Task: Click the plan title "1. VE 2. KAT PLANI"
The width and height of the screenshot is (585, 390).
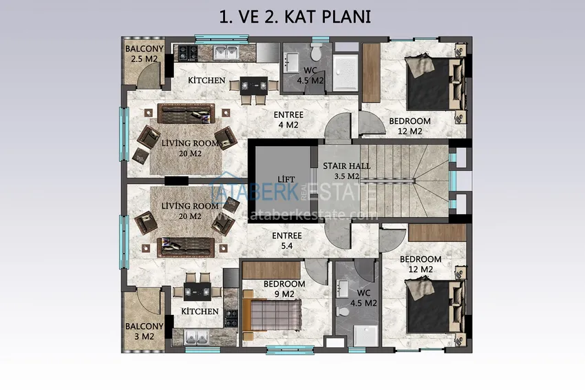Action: [295, 17]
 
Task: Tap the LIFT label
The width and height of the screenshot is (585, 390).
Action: [286, 180]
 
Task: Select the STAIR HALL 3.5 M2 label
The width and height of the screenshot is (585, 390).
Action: [347, 171]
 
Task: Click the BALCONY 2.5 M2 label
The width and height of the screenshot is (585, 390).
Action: [145, 54]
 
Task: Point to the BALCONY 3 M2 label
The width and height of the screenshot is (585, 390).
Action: [145, 331]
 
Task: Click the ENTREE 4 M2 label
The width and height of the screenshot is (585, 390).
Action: [288, 119]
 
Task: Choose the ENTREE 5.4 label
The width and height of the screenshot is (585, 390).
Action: [287, 240]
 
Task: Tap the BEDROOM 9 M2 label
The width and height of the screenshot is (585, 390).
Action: [284, 289]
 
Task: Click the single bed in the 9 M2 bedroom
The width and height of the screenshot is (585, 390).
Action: [272, 316]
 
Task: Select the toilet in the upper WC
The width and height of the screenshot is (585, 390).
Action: [316, 52]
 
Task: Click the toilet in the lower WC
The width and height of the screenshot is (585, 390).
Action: [342, 311]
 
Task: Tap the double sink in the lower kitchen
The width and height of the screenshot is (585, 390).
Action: [196, 338]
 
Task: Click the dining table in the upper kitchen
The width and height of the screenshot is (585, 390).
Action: [254, 86]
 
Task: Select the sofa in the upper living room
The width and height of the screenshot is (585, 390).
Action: [187, 114]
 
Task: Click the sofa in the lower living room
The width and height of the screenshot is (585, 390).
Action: [186, 247]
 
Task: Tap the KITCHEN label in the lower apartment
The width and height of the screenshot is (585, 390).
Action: [200, 311]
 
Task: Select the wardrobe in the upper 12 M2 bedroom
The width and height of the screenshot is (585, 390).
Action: [371, 73]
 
